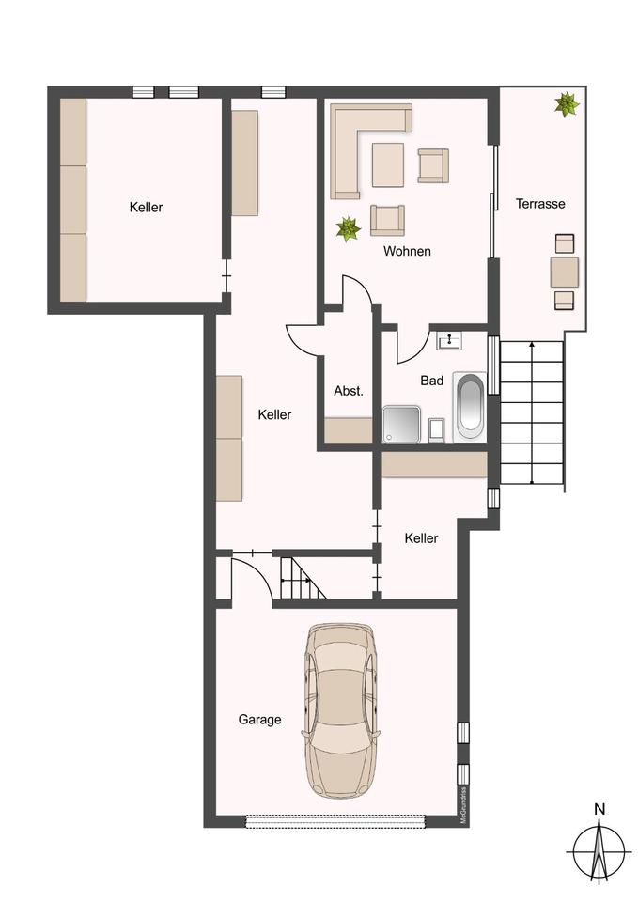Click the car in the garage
tap(340, 711)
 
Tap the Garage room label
tap(259, 720)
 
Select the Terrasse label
tap(540, 204)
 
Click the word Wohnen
tap(407, 251)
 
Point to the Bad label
tap(431, 381)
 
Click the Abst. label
tap(349, 391)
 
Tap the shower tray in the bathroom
tap(401, 425)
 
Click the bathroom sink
tap(449, 340)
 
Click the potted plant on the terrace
tap(567, 104)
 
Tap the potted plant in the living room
tap(348, 229)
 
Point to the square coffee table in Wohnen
tap(388, 164)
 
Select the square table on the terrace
tap(565, 272)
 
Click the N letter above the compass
tap(599, 809)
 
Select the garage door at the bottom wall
tap(336, 821)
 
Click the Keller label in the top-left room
tap(147, 207)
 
